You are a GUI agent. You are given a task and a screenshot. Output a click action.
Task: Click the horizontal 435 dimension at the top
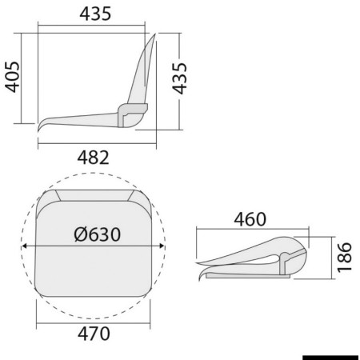point(95,14)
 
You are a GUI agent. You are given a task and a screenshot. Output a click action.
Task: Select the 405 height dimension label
point(13,77)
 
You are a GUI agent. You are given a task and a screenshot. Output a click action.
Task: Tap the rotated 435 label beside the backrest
point(179,78)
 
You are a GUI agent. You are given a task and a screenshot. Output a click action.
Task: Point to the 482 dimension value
point(94,158)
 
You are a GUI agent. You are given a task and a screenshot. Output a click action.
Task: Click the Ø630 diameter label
point(98,234)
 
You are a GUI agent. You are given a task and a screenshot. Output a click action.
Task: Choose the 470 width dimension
point(94,334)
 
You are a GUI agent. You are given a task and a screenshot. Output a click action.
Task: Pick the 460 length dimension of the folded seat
point(250,219)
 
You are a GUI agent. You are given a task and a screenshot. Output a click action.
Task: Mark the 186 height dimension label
point(344,258)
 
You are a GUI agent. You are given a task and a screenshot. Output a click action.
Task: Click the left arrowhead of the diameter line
point(24,246)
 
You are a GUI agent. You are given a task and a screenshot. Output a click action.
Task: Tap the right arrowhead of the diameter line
point(162,246)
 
